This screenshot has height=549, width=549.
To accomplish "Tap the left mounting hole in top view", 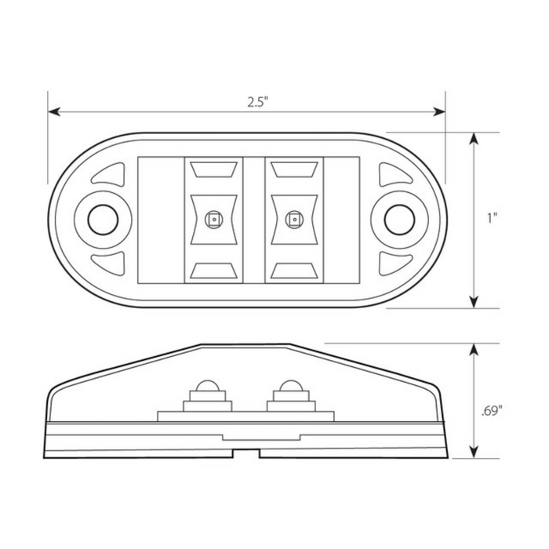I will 100,220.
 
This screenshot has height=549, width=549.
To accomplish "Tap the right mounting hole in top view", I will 398,220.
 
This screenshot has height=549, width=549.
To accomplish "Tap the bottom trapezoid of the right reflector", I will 294,271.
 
